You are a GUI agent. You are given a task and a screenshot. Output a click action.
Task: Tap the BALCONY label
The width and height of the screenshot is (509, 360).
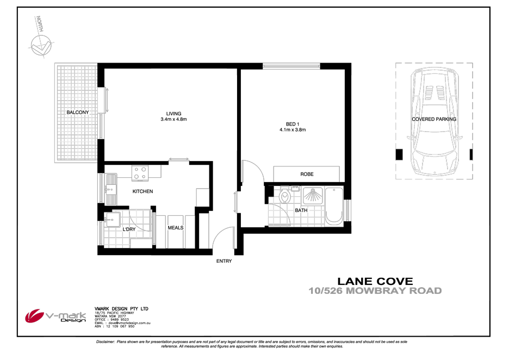click(77, 113)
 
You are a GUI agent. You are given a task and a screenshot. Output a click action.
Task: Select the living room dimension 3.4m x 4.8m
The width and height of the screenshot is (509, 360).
click(173, 119)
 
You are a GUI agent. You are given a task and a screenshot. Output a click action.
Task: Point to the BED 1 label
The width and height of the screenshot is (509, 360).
click(293, 125)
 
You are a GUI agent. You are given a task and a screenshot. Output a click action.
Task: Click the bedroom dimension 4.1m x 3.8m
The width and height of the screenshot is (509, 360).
click(293, 130)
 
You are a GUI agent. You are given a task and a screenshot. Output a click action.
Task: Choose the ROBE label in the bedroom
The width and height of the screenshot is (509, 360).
click(307, 175)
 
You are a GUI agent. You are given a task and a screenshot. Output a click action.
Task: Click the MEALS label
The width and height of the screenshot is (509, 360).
click(176, 228)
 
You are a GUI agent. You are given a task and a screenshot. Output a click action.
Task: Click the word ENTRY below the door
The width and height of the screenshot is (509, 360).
click(224, 262)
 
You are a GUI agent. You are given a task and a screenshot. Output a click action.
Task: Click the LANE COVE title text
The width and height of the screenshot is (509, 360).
click(375, 281)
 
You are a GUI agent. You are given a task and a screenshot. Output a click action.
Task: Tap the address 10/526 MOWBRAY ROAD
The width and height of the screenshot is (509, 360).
click(375, 291)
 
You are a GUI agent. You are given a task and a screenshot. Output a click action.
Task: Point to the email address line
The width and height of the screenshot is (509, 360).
click(122, 323)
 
